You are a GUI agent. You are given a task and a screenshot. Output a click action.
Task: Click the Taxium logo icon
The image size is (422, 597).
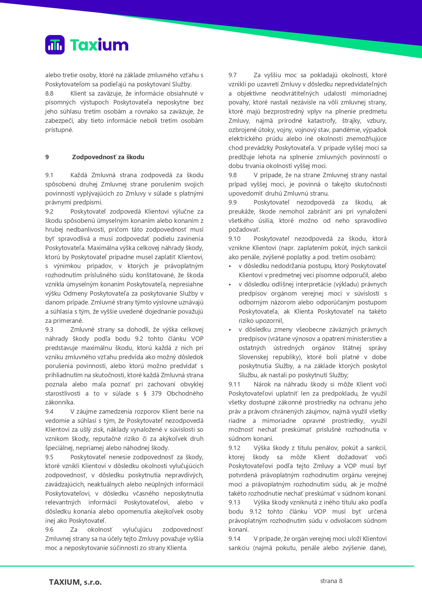[55, 45]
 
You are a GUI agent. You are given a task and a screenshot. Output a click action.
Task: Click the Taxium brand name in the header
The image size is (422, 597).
[99, 45]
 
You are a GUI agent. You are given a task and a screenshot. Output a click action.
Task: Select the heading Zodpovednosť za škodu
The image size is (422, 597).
[108, 157]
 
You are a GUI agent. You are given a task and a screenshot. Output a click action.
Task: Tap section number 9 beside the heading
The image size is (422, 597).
[47, 157]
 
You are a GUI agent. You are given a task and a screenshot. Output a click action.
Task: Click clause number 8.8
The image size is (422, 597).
[49, 94]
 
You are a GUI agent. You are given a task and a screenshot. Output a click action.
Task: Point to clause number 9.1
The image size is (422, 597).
[49, 175]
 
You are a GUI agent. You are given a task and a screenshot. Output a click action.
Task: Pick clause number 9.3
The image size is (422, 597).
[49, 330]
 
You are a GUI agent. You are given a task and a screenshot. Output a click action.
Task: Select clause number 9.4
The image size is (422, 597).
[49, 412]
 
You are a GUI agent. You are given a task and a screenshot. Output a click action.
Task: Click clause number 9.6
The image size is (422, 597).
[49, 530]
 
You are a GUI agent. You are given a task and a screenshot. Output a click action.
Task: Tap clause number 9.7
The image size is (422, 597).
[233, 75]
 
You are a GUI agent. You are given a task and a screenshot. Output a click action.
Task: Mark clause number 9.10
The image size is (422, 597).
[234, 239]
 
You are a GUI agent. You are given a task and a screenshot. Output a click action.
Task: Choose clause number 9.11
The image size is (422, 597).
[234, 384]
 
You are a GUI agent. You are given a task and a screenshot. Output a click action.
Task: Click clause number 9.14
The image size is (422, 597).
[234, 539]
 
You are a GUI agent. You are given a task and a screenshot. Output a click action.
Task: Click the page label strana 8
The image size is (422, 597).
[331, 581]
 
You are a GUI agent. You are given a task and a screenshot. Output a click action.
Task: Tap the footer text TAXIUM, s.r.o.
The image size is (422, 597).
[75, 582]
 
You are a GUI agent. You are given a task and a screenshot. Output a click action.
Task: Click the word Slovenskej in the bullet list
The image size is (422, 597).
[253, 357]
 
